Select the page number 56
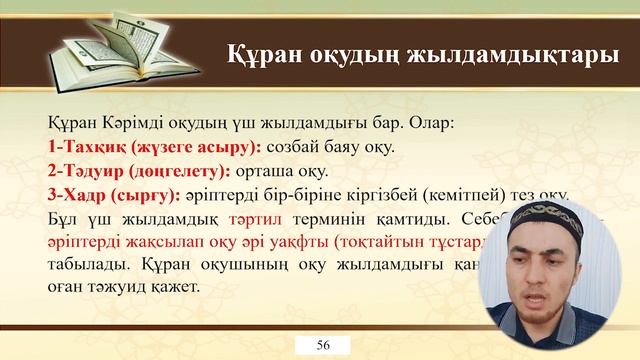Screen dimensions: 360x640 click(323, 345)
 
